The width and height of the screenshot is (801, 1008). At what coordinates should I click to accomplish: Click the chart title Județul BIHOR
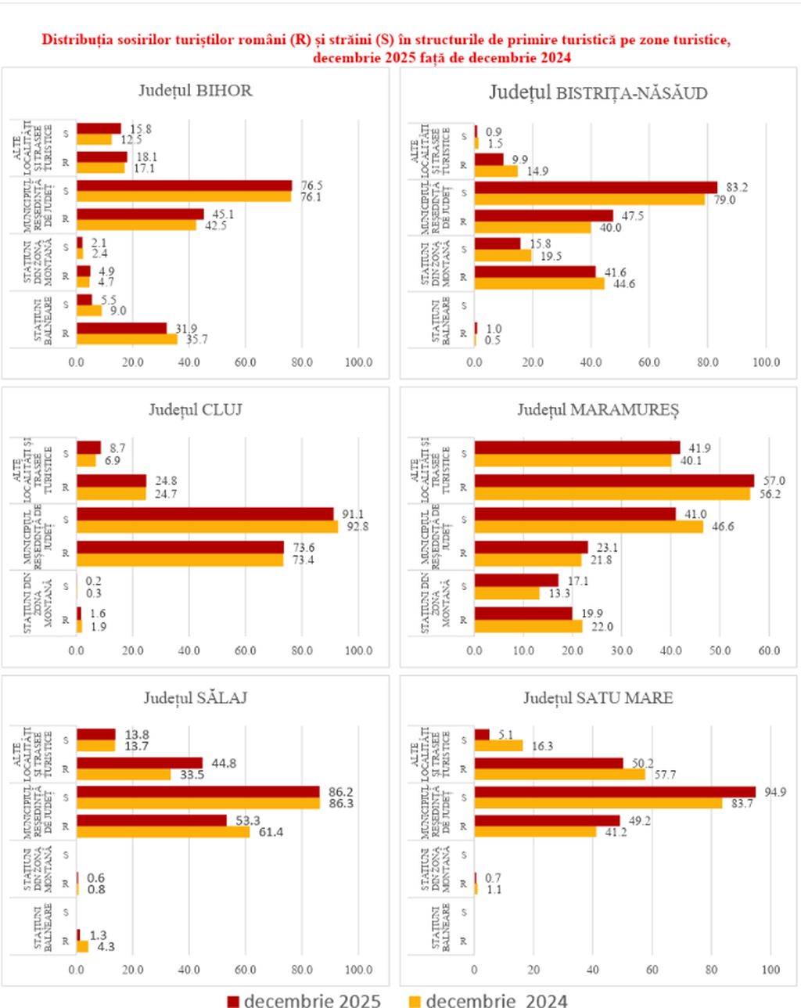[196, 90]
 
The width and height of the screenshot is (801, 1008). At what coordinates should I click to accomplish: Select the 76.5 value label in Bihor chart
[312, 185]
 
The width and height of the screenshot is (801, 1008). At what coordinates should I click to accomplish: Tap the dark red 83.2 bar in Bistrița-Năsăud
[595, 187]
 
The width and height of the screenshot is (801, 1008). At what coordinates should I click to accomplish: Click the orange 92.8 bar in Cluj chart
[207, 526]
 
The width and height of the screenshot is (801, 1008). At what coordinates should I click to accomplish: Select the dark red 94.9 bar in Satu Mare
[615, 791]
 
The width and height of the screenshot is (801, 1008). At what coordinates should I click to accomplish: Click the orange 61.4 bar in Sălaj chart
[163, 831]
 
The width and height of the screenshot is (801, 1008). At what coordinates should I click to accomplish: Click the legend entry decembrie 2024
[487, 1000]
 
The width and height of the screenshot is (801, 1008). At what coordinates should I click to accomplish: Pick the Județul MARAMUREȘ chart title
[598, 409]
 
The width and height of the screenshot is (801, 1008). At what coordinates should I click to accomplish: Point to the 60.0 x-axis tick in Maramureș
[769, 650]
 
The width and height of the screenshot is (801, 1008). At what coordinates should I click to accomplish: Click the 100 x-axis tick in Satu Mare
[770, 970]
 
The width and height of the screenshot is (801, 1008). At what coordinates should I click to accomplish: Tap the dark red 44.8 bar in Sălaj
[139, 763]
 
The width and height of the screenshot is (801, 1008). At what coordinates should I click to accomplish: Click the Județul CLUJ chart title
[196, 409]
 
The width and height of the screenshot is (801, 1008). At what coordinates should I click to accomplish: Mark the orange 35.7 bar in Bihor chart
[127, 339]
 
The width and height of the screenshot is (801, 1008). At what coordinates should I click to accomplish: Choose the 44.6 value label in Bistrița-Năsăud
[624, 283]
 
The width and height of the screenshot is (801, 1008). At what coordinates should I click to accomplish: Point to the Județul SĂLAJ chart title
[196, 697]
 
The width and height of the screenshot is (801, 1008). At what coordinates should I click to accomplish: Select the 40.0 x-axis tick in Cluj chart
[189, 650]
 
